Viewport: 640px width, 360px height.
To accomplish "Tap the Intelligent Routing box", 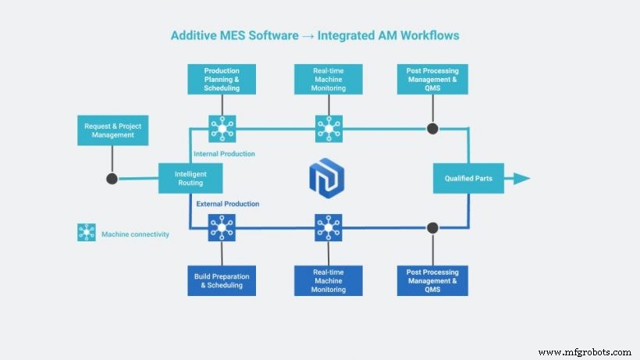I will point(190,179).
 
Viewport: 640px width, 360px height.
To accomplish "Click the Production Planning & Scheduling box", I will point(222,80).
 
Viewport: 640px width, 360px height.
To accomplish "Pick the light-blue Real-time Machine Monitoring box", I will point(328,80).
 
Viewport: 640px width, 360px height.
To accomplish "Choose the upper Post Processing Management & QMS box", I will point(432,80).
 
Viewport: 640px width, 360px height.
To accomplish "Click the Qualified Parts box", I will point(468,179).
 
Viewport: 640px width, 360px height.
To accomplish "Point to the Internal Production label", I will point(224,154).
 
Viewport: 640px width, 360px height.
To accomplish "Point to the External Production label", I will point(228,204).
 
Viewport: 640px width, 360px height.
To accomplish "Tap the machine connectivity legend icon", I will point(87,233).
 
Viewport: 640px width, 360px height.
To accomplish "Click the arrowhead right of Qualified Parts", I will point(521,179).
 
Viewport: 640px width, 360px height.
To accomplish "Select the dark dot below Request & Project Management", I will point(112,179).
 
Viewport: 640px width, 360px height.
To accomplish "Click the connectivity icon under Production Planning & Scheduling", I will point(222,128).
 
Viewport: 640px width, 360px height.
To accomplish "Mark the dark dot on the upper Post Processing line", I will point(432,128).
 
